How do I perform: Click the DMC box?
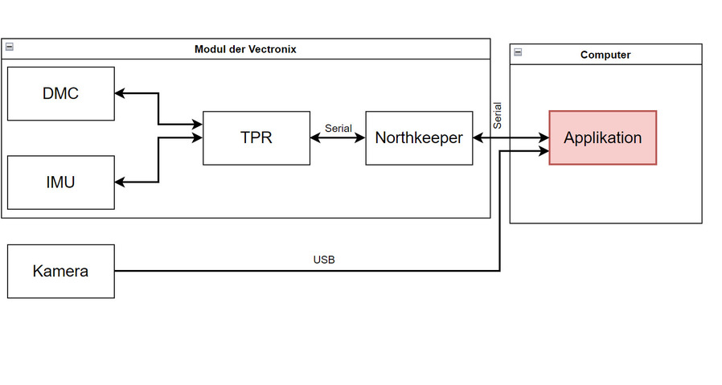click(60, 93)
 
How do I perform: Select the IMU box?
click(60, 182)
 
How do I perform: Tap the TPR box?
click(256, 137)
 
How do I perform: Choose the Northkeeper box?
click(419, 137)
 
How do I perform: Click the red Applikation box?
click(603, 137)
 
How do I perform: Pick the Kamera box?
click(60, 271)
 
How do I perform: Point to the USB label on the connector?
click(324, 260)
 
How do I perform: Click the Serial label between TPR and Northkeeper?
click(338, 128)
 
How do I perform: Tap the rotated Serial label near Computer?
click(498, 115)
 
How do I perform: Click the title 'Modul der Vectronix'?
click(245, 49)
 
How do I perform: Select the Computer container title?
click(605, 55)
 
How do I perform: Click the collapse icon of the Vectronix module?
click(9, 47)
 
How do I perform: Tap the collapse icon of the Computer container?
click(518, 53)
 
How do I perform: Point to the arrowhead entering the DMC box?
click(120, 93)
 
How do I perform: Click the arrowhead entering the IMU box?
click(120, 182)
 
